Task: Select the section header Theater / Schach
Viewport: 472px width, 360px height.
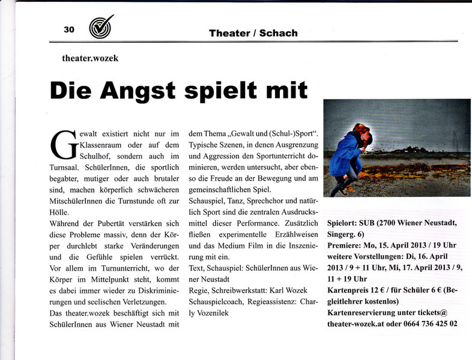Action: click(x=253, y=33)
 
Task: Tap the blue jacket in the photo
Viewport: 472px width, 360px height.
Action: click(x=345, y=157)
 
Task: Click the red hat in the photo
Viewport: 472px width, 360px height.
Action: click(x=361, y=128)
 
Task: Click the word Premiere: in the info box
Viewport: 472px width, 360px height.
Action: click(x=348, y=246)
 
